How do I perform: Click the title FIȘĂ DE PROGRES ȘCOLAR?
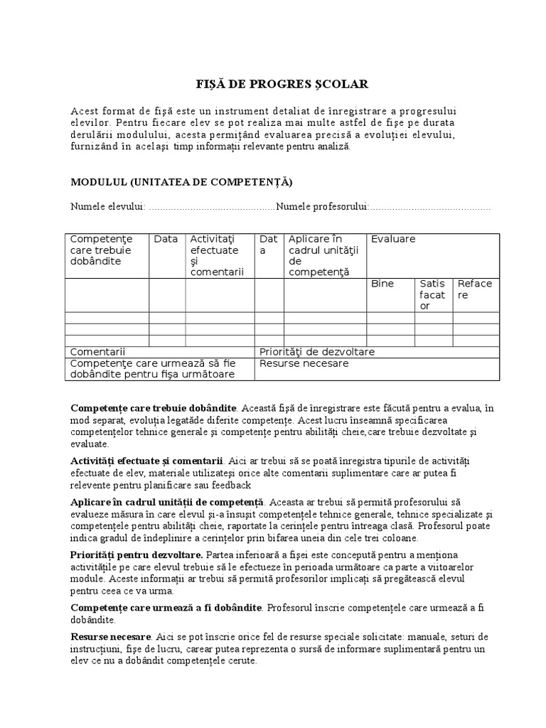[x=282, y=85]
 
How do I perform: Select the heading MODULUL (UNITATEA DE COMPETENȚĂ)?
[x=181, y=182]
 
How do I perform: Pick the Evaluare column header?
[x=393, y=240]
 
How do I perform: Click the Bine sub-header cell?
[x=382, y=284]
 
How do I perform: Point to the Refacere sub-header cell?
[x=475, y=289]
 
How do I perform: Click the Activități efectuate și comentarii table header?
[x=217, y=255]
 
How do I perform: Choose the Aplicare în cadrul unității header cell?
[x=325, y=255]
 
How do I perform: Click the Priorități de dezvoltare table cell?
[x=317, y=352]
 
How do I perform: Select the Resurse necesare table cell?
[x=304, y=363]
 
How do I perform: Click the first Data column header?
[x=166, y=240]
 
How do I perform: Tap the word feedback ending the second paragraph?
[x=229, y=485]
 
